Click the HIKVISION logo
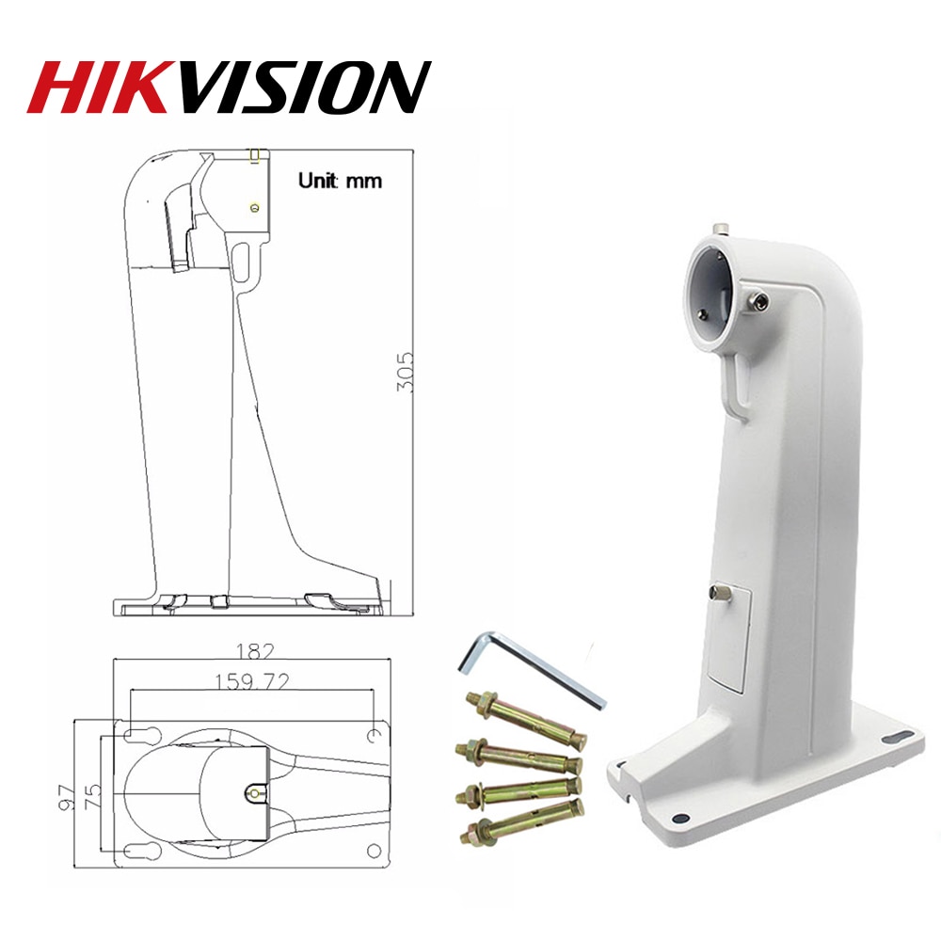[x=230, y=88]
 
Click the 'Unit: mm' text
[x=340, y=180]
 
